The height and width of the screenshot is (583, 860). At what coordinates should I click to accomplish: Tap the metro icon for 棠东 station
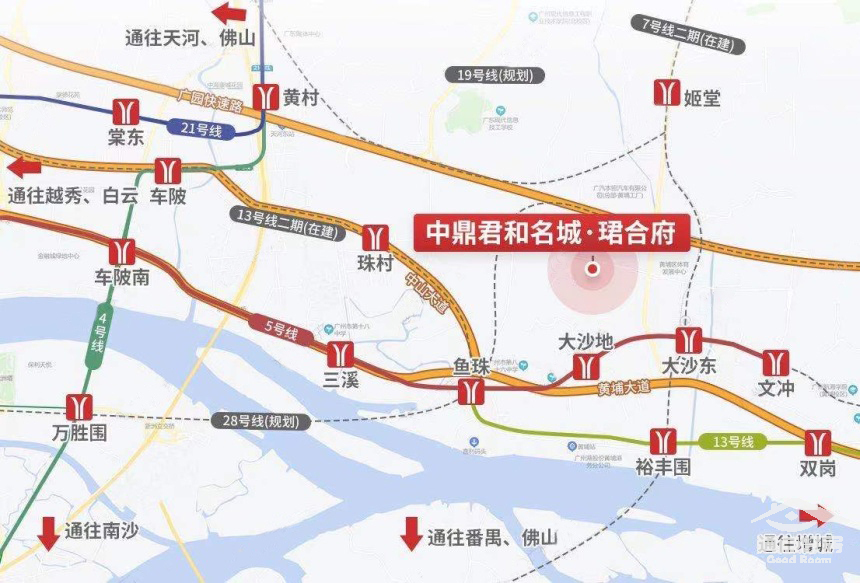coord(126,110)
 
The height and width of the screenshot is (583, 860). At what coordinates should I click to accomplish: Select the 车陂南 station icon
coord(124,251)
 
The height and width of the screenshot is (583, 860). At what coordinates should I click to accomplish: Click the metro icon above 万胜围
coord(79,406)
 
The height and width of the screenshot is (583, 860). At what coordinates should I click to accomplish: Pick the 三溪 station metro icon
coord(340,355)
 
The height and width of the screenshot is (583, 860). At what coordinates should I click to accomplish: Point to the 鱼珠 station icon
coord(471,391)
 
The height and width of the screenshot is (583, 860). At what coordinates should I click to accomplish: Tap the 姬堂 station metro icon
coord(666,92)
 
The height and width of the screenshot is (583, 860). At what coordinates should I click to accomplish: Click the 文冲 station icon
coord(775,362)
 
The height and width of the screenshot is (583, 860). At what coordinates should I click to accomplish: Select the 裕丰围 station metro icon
coord(662,440)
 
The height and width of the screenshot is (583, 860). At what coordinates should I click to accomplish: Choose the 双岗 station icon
coord(818,441)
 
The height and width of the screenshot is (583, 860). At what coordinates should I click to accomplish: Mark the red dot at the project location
coord(592,268)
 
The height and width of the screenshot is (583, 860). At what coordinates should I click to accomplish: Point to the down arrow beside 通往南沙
coord(48,533)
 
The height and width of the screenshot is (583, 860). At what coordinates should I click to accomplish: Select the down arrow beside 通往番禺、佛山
coord(411,533)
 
